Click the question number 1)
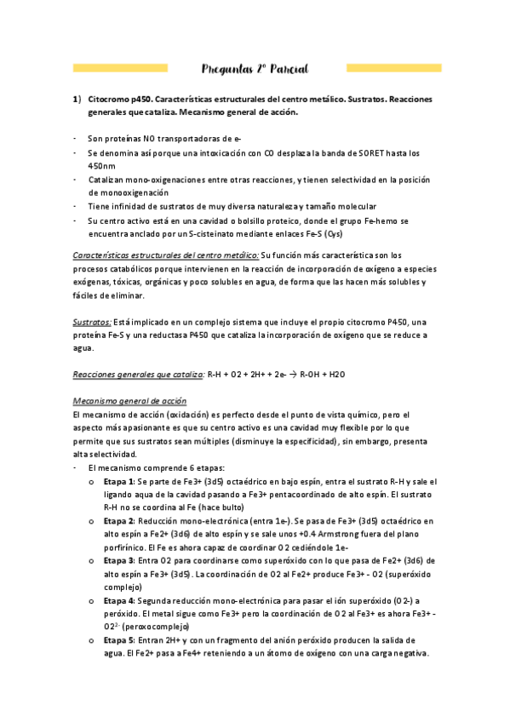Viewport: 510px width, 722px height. coord(76,99)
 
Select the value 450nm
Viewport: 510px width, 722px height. coord(103,166)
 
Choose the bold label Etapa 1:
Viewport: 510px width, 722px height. coord(119,482)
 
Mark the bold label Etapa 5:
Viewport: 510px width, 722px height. coord(119,639)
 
